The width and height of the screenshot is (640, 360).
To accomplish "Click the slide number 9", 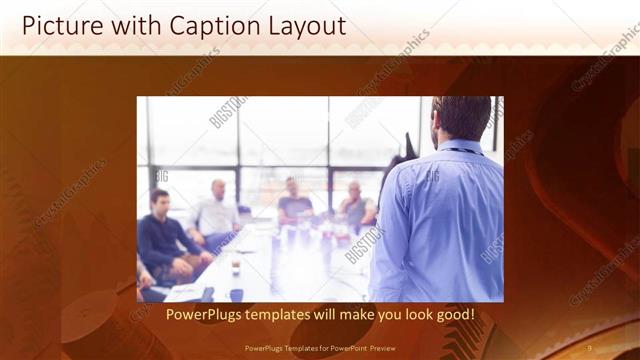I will pyautogui.click(x=590, y=347).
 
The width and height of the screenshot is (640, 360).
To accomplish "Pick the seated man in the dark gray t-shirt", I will pyautogui.click(x=295, y=204).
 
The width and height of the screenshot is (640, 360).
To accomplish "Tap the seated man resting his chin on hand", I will pyautogui.click(x=356, y=206).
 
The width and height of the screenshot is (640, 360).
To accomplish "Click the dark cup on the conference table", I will pyautogui.click(x=235, y=267).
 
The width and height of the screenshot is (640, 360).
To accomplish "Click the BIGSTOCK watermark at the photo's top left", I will pyautogui.click(x=228, y=112).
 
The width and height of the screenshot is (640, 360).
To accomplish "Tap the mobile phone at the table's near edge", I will pyautogui.click(x=237, y=295).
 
